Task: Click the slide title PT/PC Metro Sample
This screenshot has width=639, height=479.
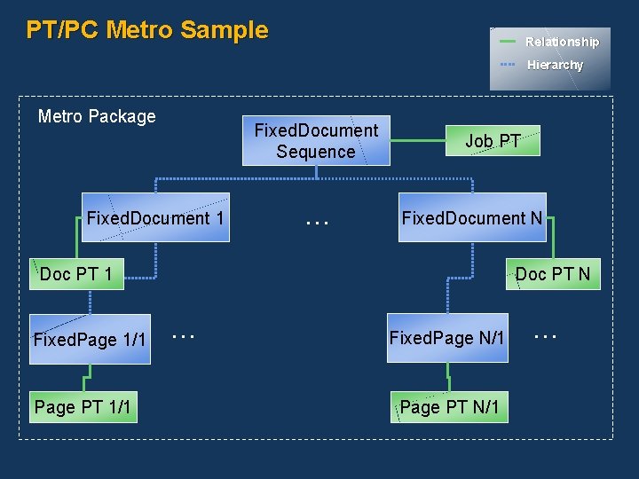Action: pos(147,30)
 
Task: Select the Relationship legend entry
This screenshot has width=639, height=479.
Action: pos(562,42)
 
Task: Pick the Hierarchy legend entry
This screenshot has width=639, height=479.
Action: pos(555,65)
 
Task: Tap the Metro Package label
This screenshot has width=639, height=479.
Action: pos(97,116)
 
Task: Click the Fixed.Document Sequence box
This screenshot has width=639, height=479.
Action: pos(316,141)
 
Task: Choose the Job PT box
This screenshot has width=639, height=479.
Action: pos(493,141)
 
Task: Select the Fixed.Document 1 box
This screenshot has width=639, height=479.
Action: pos(155,217)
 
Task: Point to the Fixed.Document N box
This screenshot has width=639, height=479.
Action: pos(472,217)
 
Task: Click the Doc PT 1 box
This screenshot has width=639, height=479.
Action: pos(76,274)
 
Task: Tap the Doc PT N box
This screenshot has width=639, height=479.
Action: pos(552,274)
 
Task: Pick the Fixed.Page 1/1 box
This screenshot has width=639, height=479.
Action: pos(90,339)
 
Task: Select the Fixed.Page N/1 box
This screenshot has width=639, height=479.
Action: pos(447,338)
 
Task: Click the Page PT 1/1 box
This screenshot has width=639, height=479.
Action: pos(83,407)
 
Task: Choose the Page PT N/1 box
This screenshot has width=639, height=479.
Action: pos(449,407)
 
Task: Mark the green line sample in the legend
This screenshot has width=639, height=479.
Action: pos(508,42)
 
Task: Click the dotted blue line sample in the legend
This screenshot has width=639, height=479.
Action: pos(508,65)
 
